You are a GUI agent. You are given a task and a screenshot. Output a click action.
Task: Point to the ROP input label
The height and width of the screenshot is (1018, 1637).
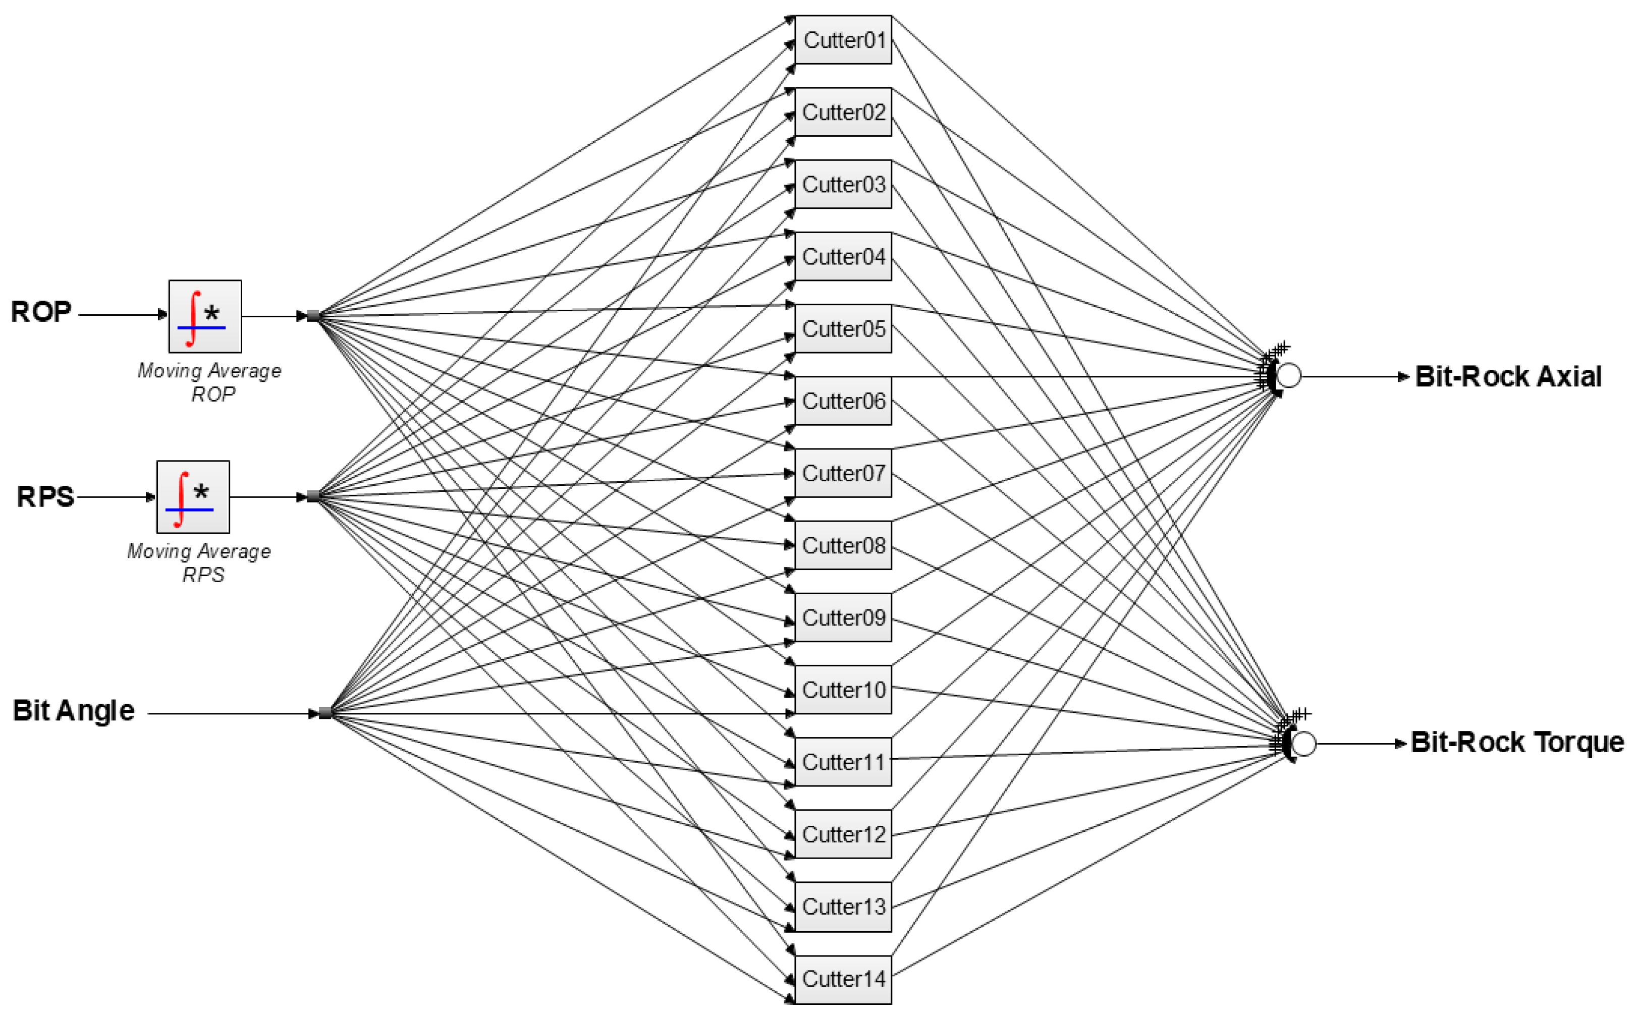[41, 312]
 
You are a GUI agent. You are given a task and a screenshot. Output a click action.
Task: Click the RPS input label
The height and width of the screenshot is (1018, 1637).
[45, 497]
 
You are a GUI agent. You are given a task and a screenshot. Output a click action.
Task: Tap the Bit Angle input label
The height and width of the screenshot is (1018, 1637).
[73, 711]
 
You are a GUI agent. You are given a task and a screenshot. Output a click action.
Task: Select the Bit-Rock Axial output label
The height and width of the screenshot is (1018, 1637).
[1508, 377]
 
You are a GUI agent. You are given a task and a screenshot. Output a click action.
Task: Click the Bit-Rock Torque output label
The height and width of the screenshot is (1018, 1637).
[1516, 743]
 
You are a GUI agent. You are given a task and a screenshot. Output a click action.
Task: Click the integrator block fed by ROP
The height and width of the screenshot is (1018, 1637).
[205, 316]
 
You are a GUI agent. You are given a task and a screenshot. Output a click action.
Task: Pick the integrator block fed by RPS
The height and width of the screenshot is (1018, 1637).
[193, 497]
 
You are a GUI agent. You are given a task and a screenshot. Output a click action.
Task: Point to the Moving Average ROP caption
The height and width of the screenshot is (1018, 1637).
[209, 382]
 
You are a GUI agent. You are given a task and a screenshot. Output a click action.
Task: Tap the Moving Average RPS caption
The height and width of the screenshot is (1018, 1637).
[199, 563]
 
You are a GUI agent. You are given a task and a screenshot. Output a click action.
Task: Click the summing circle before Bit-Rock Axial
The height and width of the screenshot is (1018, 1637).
[1288, 376]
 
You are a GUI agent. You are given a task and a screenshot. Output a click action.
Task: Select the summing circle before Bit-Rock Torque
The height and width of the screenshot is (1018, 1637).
[1303, 744]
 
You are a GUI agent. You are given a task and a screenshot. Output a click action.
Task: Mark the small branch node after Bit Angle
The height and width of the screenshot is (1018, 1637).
[325, 713]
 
